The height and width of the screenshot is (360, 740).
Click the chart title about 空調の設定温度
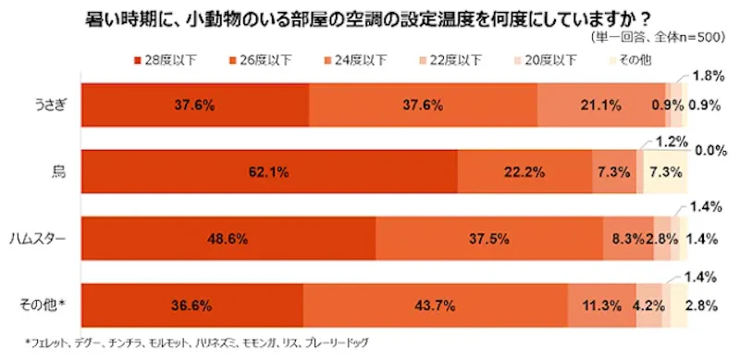[x=370, y=16]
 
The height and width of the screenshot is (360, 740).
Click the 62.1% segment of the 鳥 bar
[x=270, y=171]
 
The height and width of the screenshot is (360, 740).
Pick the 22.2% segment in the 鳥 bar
[x=524, y=171]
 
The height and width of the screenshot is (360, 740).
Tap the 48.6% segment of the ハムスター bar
[x=228, y=239]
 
